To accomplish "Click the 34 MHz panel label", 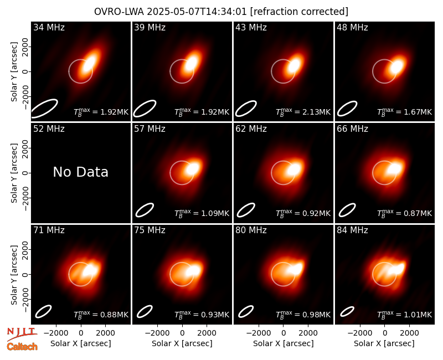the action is [49, 27].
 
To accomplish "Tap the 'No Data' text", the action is [80, 172].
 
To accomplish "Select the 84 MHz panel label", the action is [352, 230].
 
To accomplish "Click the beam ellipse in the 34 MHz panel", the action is [44, 104].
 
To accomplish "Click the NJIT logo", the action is [22, 334].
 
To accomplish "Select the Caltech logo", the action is [22, 347].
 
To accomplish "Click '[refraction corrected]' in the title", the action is [299, 12].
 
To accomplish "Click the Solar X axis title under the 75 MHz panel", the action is [182, 343].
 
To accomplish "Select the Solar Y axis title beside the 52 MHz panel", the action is [14, 173].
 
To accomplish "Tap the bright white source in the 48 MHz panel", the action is [397, 66].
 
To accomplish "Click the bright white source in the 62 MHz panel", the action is [294, 169].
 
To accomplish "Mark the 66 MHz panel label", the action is [352, 129].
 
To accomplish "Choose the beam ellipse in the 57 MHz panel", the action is [145, 210].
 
